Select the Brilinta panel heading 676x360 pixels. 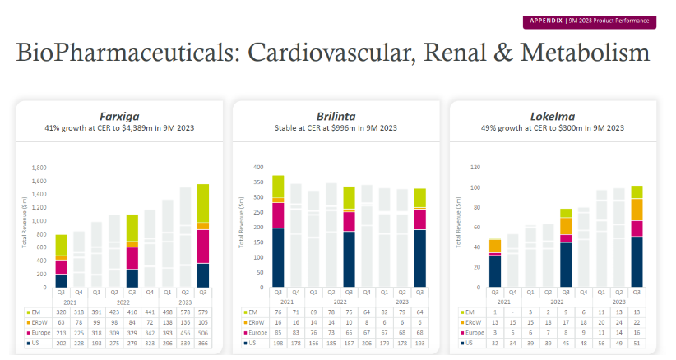point(336,117)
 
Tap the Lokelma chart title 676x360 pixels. point(553,117)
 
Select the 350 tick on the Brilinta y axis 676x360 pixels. point(257,181)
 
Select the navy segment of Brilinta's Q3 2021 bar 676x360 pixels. point(256,257)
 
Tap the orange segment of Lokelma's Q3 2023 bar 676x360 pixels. point(637,210)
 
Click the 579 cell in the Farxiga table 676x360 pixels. point(202,312)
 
